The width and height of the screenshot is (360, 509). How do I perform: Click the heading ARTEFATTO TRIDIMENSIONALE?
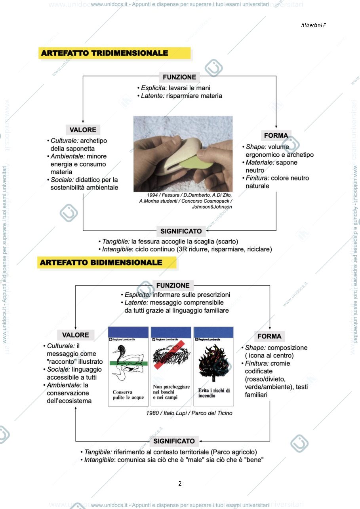pos(105,53)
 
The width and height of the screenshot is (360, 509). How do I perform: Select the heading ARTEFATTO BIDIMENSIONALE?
pos(101,262)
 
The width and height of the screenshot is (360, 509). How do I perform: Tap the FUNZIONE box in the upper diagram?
pos(179,77)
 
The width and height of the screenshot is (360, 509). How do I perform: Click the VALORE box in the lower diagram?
pos(76,335)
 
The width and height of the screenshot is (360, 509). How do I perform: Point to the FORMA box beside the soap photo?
pos(276,135)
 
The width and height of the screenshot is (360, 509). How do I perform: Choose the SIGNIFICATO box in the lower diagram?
pos(174,441)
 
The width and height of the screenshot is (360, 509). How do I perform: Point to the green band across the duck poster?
pos(128,363)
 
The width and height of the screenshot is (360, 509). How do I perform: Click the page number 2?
pos(180,483)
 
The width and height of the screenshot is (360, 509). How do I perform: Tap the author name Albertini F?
pos(313,25)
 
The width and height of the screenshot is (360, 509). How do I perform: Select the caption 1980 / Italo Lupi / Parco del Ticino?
pos(189,413)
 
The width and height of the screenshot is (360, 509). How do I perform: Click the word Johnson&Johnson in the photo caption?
pos(212,207)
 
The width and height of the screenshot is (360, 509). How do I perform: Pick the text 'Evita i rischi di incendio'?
pos(214,393)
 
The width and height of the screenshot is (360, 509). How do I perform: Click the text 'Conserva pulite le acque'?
pos(128,395)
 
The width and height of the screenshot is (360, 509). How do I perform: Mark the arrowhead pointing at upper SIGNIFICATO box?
pos(208,231)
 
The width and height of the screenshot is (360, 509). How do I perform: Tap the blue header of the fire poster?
pos(213,332)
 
